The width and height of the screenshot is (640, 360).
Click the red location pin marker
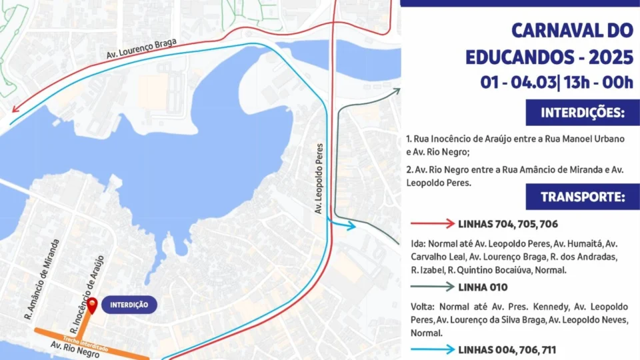(93, 305)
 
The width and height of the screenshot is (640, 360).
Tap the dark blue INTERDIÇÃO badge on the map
(129, 305)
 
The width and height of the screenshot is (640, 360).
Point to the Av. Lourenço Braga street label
(141, 51)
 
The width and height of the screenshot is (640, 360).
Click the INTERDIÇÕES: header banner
(582, 113)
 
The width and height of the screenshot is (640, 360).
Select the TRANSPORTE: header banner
(582, 197)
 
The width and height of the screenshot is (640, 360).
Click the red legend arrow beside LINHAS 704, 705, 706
(431, 223)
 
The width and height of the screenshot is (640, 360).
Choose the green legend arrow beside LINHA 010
(431, 287)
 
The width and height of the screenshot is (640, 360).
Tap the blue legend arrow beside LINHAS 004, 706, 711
(431, 349)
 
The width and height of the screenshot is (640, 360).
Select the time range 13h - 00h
(598, 83)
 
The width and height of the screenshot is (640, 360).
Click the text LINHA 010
(483, 287)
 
